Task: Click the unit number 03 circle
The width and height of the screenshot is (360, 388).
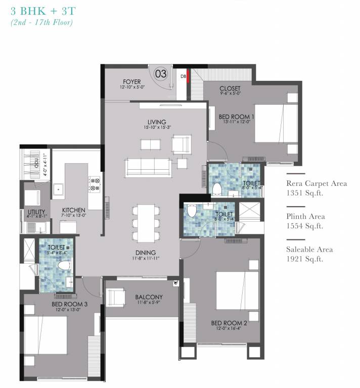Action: [x=160, y=74]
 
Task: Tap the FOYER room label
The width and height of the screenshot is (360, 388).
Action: [x=131, y=82]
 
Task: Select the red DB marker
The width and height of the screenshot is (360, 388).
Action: [x=188, y=77]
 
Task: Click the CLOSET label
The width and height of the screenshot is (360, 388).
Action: [x=230, y=89]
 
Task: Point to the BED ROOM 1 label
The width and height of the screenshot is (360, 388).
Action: [x=236, y=117]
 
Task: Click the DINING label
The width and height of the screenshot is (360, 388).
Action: [x=145, y=253]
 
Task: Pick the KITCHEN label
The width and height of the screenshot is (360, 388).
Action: [x=74, y=210]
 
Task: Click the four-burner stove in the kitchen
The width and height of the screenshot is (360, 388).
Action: [x=94, y=183]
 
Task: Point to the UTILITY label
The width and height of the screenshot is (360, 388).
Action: [x=37, y=212]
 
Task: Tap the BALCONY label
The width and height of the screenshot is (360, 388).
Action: [x=148, y=297]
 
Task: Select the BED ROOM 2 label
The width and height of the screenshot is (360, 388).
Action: [x=229, y=323]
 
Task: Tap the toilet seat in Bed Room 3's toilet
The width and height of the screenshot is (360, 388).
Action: [x=63, y=265]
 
